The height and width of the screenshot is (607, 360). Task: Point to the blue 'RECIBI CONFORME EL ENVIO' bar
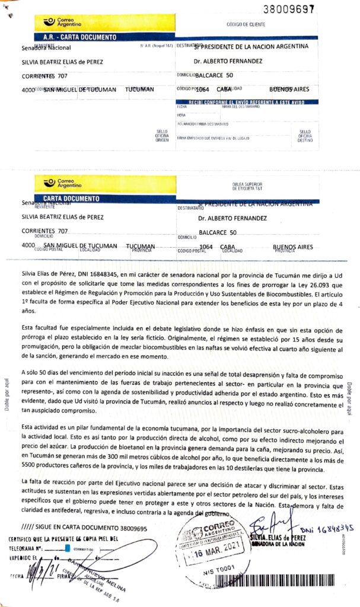coord(246,102)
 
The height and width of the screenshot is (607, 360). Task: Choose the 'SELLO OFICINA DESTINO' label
coord(305,136)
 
